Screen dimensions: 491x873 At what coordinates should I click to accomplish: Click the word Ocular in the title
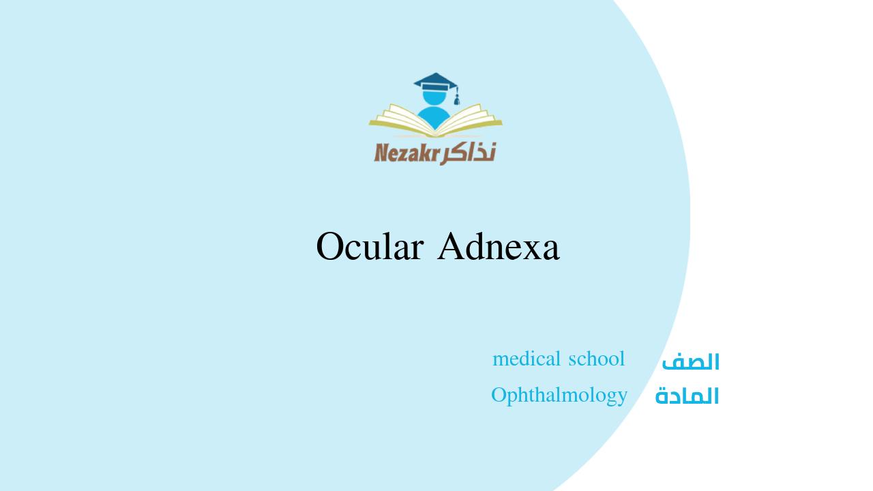369,246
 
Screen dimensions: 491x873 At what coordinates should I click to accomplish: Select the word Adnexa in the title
499,246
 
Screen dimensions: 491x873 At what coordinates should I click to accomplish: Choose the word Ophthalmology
559,395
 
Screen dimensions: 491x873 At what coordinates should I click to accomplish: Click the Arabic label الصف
690,362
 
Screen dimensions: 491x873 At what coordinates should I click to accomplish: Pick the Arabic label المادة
687,396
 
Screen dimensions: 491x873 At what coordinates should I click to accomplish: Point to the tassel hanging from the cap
457,100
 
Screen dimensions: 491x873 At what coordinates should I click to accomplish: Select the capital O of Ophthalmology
499,395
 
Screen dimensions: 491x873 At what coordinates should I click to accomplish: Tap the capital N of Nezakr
381,152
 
